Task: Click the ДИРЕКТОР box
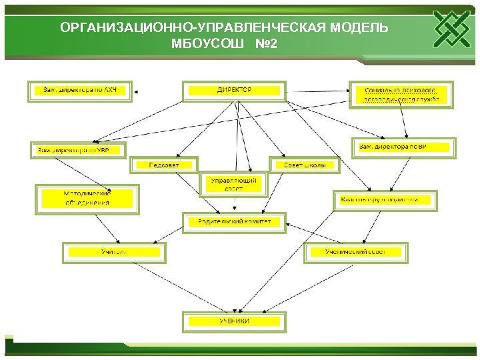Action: point(234,91)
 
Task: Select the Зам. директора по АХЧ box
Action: point(80,91)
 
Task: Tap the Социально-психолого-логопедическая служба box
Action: point(401,95)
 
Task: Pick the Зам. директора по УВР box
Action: point(78,150)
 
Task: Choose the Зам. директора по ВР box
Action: point(404,147)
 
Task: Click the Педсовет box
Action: point(164,165)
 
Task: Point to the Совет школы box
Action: point(305,165)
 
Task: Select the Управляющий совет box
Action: point(234,185)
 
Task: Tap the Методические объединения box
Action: point(87,198)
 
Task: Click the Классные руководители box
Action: point(385,200)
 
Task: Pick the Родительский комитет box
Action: point(234,222)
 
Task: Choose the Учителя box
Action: point(113,253)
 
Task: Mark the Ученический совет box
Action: point(355,253)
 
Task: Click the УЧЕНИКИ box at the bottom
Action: point(234,321)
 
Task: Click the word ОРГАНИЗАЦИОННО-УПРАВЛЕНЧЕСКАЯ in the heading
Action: point(191,28)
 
